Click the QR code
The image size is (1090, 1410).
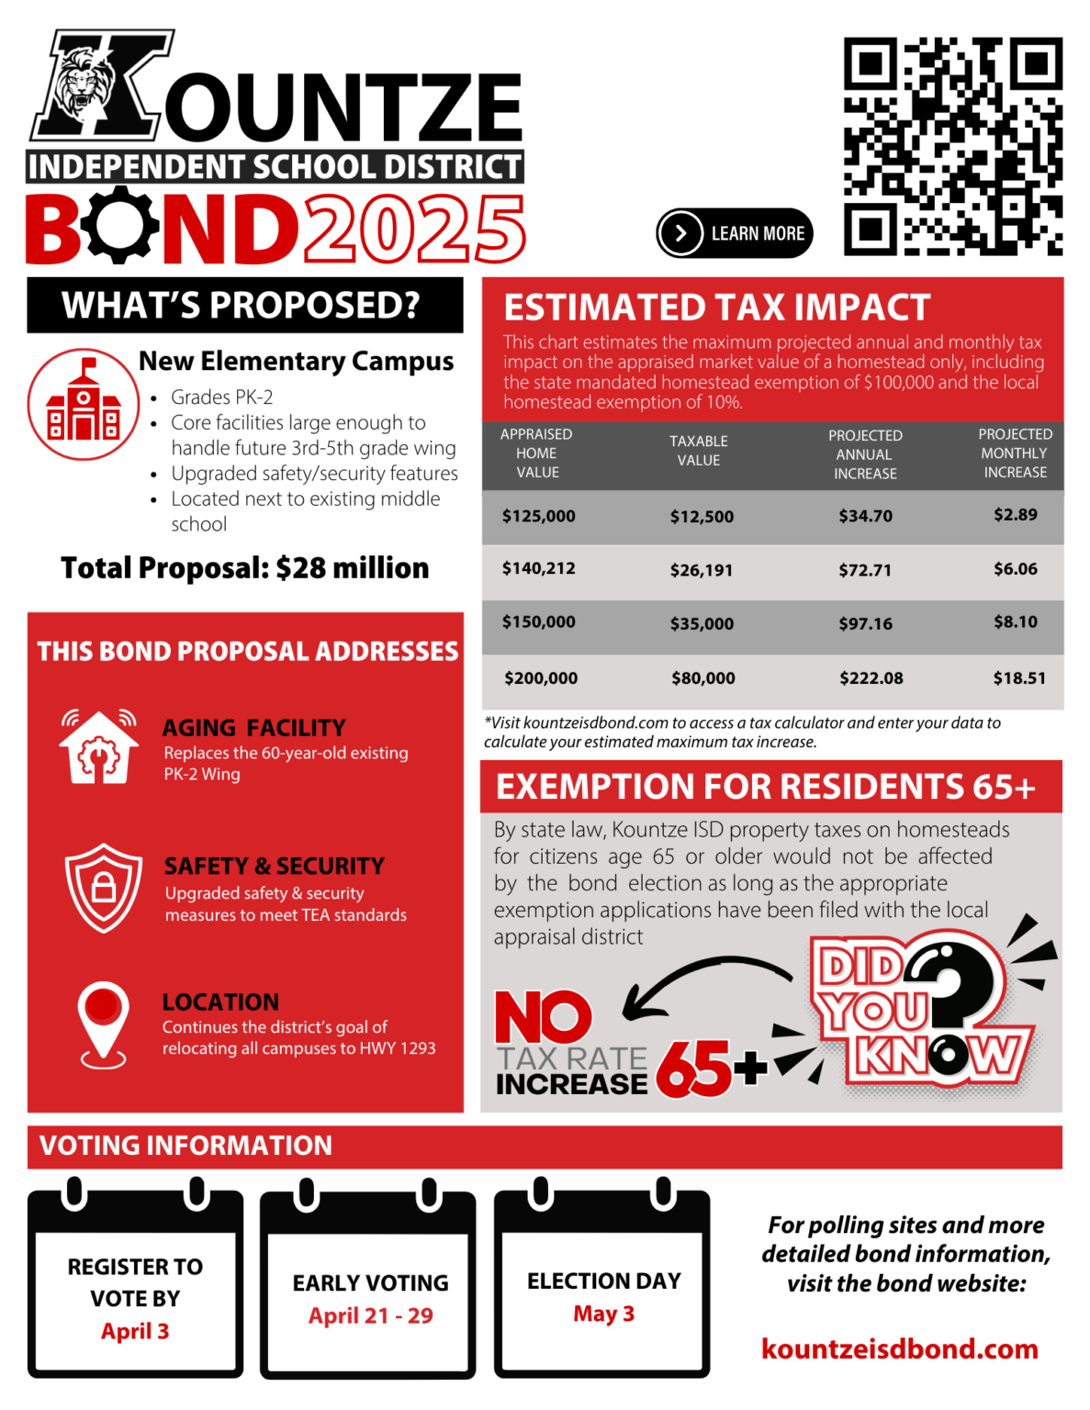click(x=952, y=146)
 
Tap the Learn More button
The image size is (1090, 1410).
click(x=735, y=233)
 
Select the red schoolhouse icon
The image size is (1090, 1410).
click(x=84, y=405)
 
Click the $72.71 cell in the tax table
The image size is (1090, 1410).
click(x=864, y=570)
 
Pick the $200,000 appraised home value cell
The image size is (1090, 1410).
click(x=540, y=678)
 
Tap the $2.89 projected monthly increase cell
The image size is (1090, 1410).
click(x=1015, y=515)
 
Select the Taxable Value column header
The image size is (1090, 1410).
click(x=698, y=451)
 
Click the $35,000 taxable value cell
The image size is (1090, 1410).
click(x=702, y=624)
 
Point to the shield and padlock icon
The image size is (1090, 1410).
click(x=104, y=888)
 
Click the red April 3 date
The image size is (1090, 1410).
click(x=135, y=1331)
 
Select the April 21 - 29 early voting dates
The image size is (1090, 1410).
click(x=370, y=1315)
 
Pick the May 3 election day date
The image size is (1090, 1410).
click(x=603, y=1314)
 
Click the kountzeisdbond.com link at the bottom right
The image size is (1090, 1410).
click(x=899, y=1348)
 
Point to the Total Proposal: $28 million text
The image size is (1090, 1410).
click(x=244, y=568)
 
